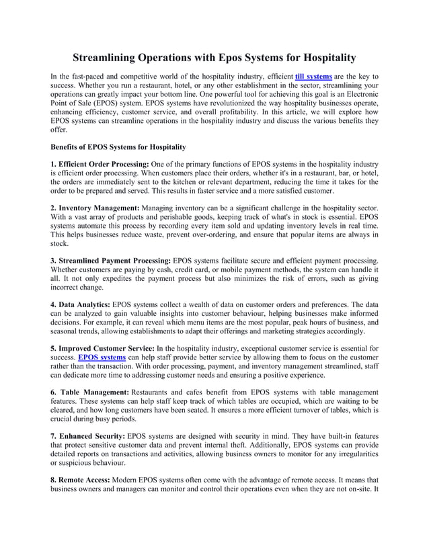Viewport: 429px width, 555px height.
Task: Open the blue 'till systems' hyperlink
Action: click(x=313, y=77)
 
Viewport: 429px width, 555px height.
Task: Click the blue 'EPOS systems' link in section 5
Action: click(x=102, y=357)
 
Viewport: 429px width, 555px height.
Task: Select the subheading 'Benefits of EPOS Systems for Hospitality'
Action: click(x=118, y=146)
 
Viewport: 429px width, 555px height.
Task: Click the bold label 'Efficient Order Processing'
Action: click(x=104, y=164)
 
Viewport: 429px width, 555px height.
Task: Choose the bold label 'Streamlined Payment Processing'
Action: click(x=115, y=260)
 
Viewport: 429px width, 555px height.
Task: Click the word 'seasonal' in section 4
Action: click(x=65, y=331)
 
